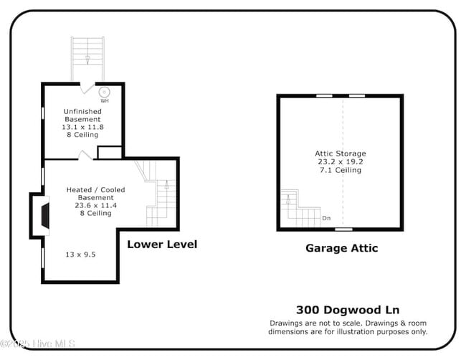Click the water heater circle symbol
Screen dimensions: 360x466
[105, 92]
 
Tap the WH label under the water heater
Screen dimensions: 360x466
[105, 101]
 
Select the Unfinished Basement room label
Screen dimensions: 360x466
[82, 115]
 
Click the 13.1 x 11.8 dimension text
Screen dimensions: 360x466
[82, 127]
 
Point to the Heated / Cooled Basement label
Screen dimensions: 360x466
[95, 194]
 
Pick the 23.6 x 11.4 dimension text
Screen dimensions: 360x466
[95, 205]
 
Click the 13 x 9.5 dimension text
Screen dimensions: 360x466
[80, 254]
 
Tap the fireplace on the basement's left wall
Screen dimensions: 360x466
[43, 215]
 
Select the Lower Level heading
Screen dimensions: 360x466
[161, 244]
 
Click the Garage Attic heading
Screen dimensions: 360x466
[341, 248]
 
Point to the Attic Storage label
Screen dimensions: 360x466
[341, 153]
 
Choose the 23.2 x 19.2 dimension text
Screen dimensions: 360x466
[341, 162]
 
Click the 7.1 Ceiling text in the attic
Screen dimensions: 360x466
[341, 171]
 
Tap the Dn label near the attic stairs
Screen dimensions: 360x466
[326, 218]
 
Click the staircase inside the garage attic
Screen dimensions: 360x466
[298, 210]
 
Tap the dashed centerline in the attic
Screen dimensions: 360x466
[343, 129]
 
